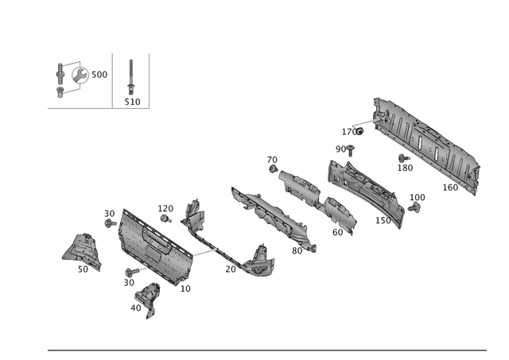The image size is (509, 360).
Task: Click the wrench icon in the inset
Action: click(x=80, y=74)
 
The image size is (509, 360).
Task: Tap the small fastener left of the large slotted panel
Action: click(x=356, y=127)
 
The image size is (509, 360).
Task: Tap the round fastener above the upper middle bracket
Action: click(x=273, y=168)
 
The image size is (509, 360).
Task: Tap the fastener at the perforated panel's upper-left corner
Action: click(x=110, y=216)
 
